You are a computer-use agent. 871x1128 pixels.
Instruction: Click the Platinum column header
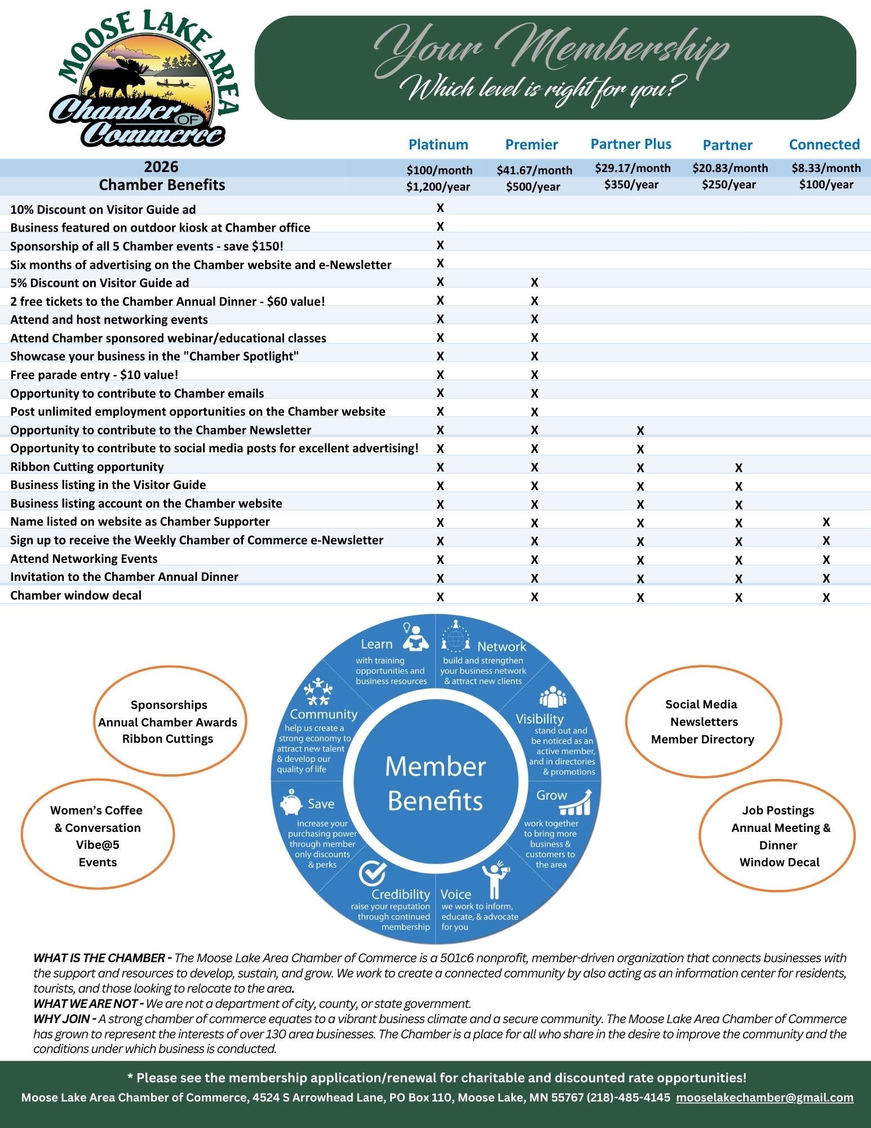coord(438,144)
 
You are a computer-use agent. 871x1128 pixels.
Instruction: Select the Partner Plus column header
coord(631,144)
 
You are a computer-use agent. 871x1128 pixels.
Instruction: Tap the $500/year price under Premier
coord(533,187)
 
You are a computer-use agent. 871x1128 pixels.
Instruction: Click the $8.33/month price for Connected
coord(826,168)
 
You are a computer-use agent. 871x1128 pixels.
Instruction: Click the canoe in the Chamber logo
coord(173,83)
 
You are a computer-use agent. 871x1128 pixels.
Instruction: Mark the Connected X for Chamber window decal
coord(826,597)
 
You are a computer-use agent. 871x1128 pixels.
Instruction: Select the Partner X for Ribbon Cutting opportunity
coord(739,468)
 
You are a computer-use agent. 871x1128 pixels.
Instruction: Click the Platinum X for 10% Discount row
coord(440,208)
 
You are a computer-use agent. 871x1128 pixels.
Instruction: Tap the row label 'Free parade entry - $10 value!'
coord(94,375)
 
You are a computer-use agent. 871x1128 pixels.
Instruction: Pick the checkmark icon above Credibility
coord(373,874)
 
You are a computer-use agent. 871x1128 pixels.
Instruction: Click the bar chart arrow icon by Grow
coord(576,803)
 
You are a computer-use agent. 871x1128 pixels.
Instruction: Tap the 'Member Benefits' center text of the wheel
coord(435,783)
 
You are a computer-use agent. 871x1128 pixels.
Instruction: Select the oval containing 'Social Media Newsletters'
coord(703,721)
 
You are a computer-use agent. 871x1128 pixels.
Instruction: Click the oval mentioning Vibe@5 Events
coord(98,836)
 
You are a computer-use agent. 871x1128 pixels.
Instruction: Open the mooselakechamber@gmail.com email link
coord(764,1098)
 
